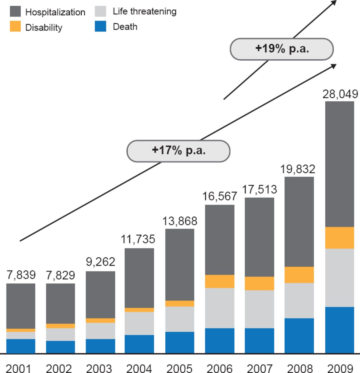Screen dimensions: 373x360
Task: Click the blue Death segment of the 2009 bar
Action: point(340,330)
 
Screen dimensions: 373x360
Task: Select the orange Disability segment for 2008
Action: point(299,275)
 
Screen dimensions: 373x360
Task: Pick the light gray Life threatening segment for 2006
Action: point(220,308)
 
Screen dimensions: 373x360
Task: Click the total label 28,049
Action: point(340,94)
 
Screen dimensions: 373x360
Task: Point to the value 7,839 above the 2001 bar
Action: point(21,275)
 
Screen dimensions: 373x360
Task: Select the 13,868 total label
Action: point(180,221)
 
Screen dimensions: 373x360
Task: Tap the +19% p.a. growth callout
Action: point(282,49)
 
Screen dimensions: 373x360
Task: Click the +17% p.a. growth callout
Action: point(178,151)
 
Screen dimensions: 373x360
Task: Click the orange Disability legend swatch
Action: point(15,26)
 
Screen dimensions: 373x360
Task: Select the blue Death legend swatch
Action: point(100,26)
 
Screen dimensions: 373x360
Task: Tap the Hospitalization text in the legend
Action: point(55,12)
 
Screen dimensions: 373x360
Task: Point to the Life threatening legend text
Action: point(145,11)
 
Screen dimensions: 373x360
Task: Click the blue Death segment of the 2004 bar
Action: point(139,344)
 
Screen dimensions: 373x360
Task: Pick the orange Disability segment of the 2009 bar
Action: point(340,238)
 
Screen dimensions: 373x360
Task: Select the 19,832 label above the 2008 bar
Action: point(297,169)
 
